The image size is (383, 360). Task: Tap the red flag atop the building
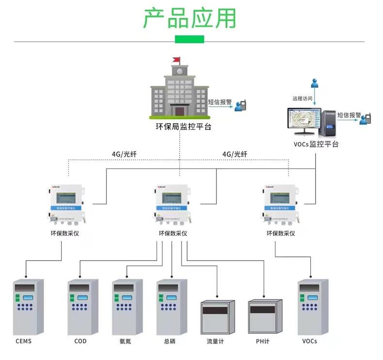[176, 60]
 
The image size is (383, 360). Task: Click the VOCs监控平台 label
[316, 144]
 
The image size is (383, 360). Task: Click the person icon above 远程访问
[315, 83]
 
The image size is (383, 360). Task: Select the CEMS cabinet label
[23, 341]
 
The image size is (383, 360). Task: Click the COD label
[80, 341]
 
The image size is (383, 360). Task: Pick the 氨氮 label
[125, 341]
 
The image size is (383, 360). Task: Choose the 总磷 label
[169, 341]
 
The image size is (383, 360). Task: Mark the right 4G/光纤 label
[235, 154]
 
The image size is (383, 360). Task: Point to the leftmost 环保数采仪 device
[66, 205]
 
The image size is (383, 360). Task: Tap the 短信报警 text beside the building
[220, 102]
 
